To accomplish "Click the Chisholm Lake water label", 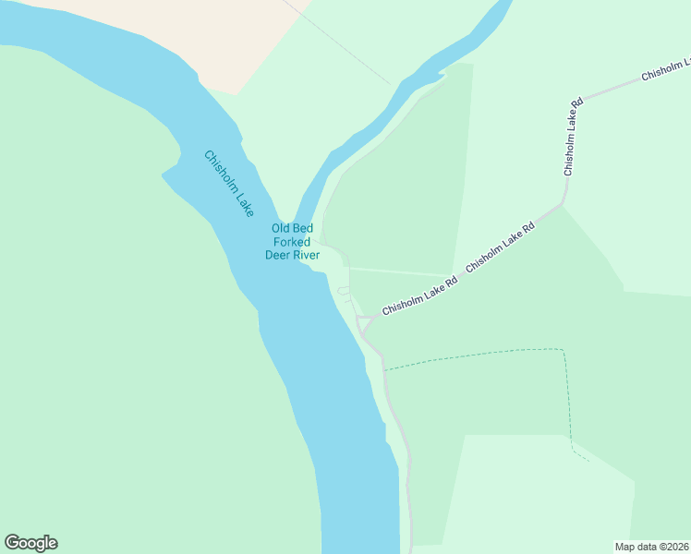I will (228, 184).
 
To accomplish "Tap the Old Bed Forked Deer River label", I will (292, 242).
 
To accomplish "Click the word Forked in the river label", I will (292, 242).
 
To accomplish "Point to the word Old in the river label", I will (281, 229).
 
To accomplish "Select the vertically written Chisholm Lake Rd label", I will (573, 136).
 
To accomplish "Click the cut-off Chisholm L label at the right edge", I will (666, 71).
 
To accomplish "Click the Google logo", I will (30, 543).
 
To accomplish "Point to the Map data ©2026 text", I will (651, 547).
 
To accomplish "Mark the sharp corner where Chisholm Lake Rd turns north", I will (562, 204).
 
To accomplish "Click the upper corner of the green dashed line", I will (562, 350).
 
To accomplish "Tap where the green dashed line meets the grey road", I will (384, 370).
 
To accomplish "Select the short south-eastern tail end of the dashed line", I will (581, 455).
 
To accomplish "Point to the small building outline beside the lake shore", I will (344, 292).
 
